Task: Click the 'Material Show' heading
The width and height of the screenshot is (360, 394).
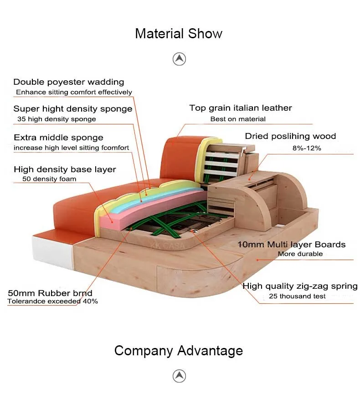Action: point(179,33)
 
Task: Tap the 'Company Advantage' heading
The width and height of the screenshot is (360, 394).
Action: point(179,351)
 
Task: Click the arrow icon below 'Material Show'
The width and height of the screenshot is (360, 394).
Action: point(179,59)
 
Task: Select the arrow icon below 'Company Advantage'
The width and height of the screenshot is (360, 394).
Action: point(179,376)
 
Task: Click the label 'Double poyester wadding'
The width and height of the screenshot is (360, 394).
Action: point(69,82)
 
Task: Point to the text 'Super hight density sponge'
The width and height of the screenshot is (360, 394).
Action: point(73,109)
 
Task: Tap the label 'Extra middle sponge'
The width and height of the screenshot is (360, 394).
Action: point(59,138)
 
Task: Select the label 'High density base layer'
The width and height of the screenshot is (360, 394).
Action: point(65,169)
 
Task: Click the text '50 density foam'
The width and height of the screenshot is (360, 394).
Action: point(49,179)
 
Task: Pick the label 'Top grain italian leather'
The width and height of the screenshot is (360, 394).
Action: point(241,108)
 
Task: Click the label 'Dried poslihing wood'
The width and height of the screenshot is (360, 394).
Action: point(290,136)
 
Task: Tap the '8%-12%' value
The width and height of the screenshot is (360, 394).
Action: point(307,148)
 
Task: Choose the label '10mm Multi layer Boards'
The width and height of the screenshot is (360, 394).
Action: point(292,245)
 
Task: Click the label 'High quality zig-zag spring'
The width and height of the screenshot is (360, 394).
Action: point(300,286)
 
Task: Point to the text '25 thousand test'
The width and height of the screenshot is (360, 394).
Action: point(297,296)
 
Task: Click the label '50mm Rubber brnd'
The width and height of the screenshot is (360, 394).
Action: point(50,293)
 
